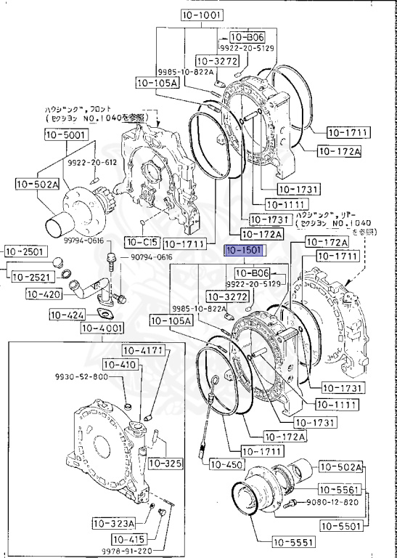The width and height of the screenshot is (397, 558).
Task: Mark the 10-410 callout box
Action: [x=120, y=364]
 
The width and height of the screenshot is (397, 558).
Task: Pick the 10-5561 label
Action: [x=340, y=490]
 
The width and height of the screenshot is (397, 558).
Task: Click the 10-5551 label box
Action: [x=292, y=541]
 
